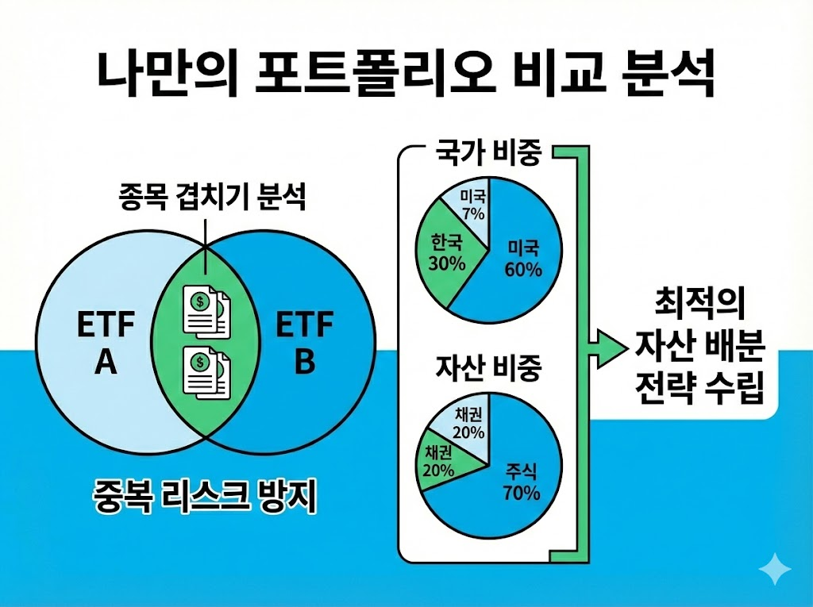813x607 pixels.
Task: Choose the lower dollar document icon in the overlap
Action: coord(206,370)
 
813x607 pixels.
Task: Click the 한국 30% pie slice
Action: coord(447,252)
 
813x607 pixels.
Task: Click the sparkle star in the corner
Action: coord(775,570)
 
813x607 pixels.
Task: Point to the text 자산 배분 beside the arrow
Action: coord(699,346)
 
